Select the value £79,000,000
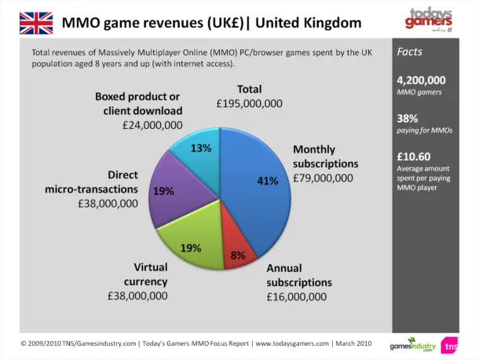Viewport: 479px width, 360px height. tap(323, 178)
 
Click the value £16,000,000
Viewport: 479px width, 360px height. tap(296, 296)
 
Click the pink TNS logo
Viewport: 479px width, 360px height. tap(450, 344)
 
